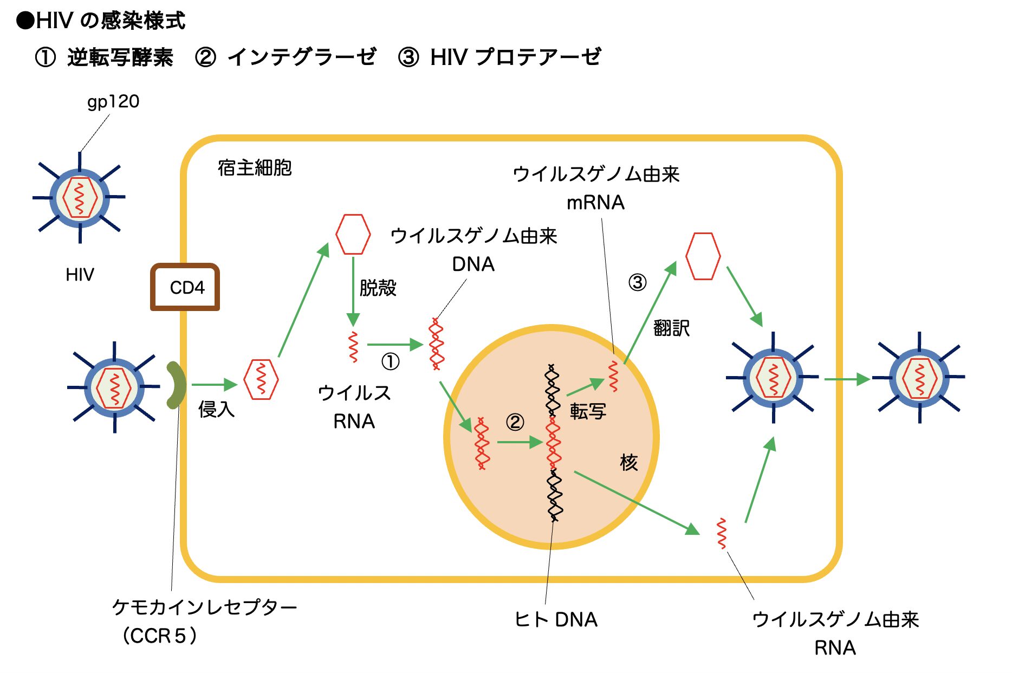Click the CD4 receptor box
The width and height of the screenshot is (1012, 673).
[x=185, y=287]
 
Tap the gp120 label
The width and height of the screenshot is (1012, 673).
[x=113, y=101]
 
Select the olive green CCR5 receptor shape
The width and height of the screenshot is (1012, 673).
[x=176, y=385]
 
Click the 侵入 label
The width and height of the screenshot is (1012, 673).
[x=217, y=409]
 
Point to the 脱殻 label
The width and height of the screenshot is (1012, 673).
[x=378, y=288]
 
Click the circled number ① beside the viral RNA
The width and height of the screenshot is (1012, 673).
[x=390, y=361]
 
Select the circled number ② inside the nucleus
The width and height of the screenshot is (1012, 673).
[x=515, y=422]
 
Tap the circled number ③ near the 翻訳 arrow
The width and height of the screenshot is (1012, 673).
[x=637, y=282]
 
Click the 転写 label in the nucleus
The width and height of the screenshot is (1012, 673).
[x=588, y=411]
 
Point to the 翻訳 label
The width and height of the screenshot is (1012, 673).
[x=672, y=328]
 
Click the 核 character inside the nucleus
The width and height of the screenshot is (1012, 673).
[x=628, y=462]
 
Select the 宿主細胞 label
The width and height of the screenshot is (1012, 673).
[x=255, y=168]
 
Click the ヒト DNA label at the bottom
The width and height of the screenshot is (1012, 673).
[x=556, y=619]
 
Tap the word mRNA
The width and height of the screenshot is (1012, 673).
[x=595, y=203]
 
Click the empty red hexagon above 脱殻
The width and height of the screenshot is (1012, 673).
[x=353, y=234]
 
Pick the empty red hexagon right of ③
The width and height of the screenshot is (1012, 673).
[x=703, y=256]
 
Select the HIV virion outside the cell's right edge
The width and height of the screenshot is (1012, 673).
[x=919, y=378]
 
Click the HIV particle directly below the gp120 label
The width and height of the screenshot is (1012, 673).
[x=80, y=198]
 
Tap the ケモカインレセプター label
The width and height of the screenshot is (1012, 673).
[x=204, y=607]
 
